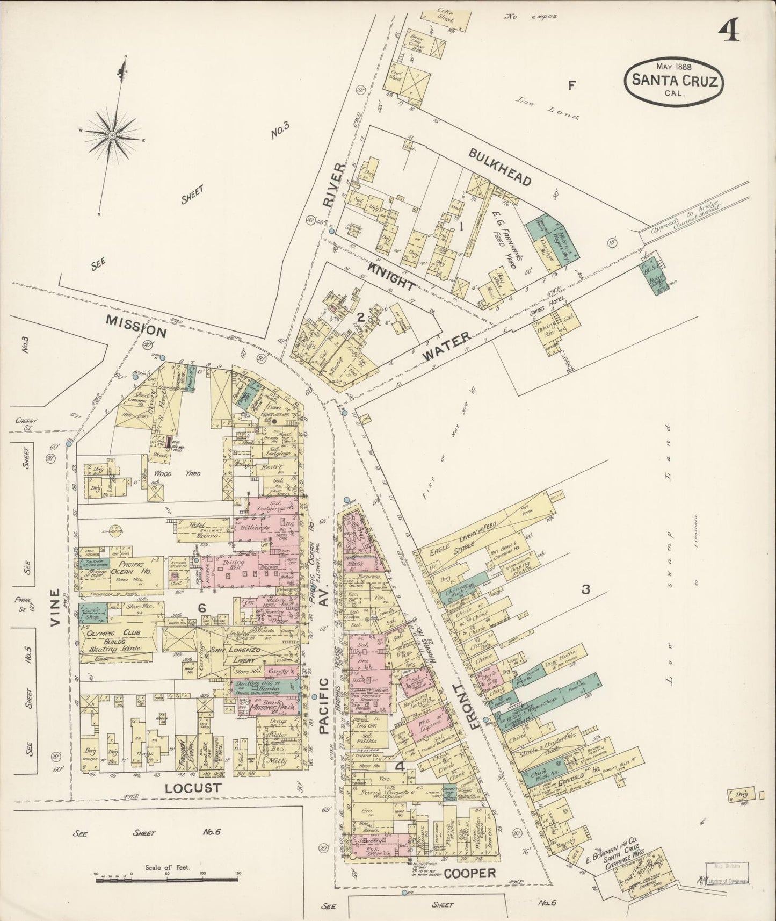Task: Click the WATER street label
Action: tap(446, 346)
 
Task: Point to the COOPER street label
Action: tap(470, 873)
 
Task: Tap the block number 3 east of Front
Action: tap(586, 589)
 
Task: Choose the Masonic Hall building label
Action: tap(271, 708)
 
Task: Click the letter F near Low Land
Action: tap(572, 84)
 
